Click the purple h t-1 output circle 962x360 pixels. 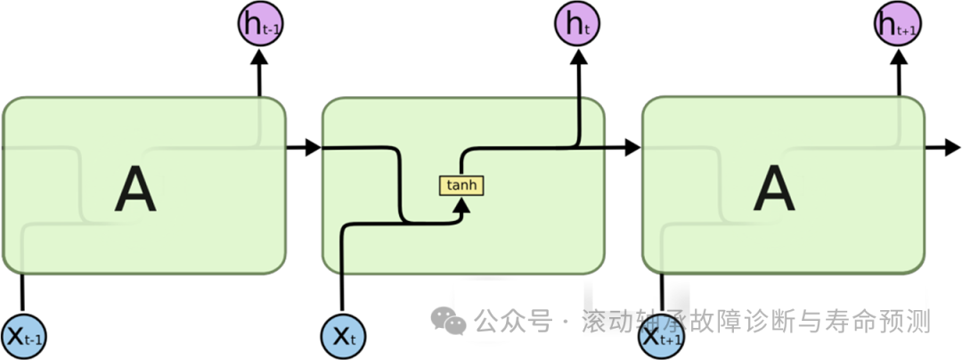pyautogui.click(x=259, y=24)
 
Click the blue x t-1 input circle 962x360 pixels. pyautogui.click(x=24, y=336)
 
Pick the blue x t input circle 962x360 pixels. pyautogui.click(x=343, y=336)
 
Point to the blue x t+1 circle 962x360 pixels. pyautogui.click(x=661, y=336)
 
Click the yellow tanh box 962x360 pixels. pyautogui.click(x=461, y=185)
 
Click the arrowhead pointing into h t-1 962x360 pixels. pyautogui.click(x=259, y=57)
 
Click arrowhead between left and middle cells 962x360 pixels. pyautogui.click(x=312, y=147)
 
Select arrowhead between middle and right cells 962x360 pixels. pyautogui.click(x=632, y=147)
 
